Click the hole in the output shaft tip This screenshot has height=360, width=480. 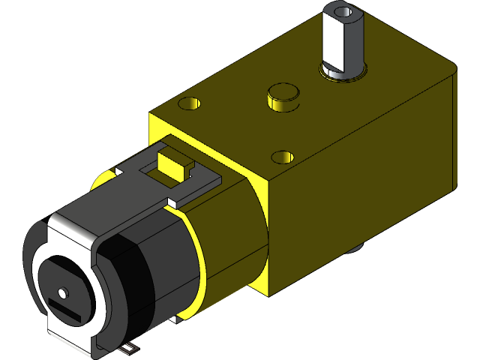point(343,12)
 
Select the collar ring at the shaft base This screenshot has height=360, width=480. point(344,72)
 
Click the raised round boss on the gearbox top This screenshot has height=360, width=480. point(283,94)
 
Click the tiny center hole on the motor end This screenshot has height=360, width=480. point(62,291)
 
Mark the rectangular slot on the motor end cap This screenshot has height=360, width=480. point(66,308)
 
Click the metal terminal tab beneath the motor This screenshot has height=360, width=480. point(132,348)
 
